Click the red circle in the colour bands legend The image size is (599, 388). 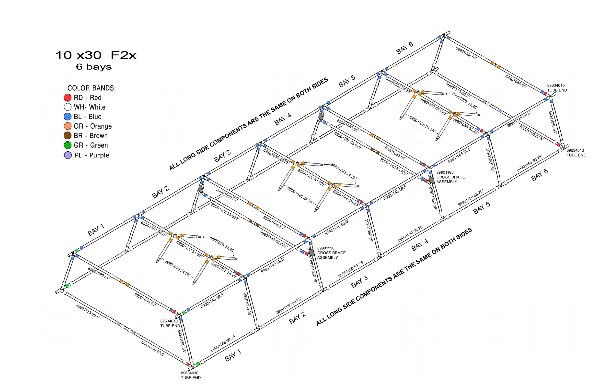[x=68, y=97]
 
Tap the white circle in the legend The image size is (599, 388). [x=68, y=107]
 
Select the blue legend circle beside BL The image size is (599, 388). [x=68, y=117]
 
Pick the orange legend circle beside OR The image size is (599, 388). [x=68, y=126]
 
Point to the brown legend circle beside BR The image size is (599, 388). [x=68, y=135]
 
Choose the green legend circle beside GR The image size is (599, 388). [x=68, y=145]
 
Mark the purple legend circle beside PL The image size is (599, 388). [x=68, y=155]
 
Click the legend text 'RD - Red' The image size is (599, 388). [x=88, y=97]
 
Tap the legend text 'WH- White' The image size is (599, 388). [x=90, y=107]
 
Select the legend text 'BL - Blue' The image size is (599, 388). [x=88, y=117]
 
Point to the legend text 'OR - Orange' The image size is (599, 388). [x=93, y=126]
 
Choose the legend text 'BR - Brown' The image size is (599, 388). [x=91, y=136]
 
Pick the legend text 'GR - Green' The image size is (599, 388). [x=91, y=145]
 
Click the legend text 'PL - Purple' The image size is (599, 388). [x=92, y=155]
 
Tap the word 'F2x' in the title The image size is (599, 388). [x=123, y=55]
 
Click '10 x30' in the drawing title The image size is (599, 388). [x=79, y=55]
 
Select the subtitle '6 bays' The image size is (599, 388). [x=94, y=67]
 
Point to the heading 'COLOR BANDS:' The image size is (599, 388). [x=92, y=88]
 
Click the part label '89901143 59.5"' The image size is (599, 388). [x=212, y=301]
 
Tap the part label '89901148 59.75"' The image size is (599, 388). [x=223, y=343]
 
